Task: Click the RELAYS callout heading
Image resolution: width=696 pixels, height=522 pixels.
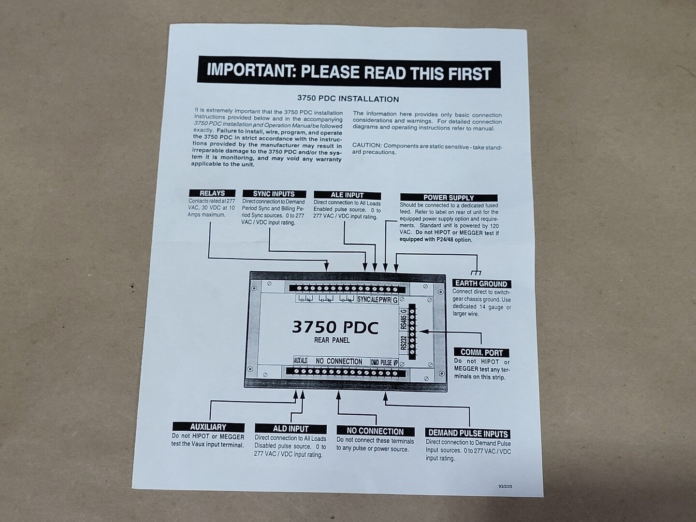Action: pyautogui.click(x=212, y=193)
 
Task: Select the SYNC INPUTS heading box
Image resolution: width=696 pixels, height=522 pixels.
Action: pyautogui.click(x=274, y=194)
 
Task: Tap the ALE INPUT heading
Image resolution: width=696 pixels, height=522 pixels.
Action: pyautogui.click(x=347, y=195)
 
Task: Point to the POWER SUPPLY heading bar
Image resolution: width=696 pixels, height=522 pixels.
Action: pyautogui.click(x=449, y=198)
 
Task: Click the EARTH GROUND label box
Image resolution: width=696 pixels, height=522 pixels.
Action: pyautogui.click(x=481, y=284)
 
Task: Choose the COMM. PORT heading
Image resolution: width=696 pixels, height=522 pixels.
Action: pyautogui.click(x=482, y=352)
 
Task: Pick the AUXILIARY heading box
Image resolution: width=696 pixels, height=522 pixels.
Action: pyautogui.click(x=208, y=427)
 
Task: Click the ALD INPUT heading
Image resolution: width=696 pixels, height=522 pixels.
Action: pyautogui.click(x=291, y=429)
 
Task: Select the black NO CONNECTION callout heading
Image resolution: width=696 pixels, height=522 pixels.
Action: pyautogui.click(x=375, y=431)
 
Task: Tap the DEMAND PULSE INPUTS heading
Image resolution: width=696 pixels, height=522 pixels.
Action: pyautogui.click(x=468, y=433)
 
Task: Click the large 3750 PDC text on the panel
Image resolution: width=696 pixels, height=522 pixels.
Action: pyautogui.click(x=335, y=327)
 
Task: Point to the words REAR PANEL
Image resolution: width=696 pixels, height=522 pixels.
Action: pyautogui.click(x=332, y=340)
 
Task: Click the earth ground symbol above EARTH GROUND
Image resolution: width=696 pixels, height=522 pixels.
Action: pyautogui.click(x=476, y=272)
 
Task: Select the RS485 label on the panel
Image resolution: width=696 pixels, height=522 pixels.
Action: pyautogui.click(x=403, y=322)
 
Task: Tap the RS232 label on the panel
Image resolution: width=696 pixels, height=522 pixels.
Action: pyautogui.click(x=403, y=343)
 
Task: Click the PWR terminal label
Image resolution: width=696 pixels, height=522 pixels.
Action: pyautogui.click(x=385, y=300)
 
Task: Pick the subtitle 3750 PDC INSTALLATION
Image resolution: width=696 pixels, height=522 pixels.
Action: pyautogui.click(x=348, y=99)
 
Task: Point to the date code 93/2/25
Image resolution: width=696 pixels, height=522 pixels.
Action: pyautogui.click(x=505, y=486)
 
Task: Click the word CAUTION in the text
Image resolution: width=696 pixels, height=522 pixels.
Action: pyautogui.click(x=366, y=145)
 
